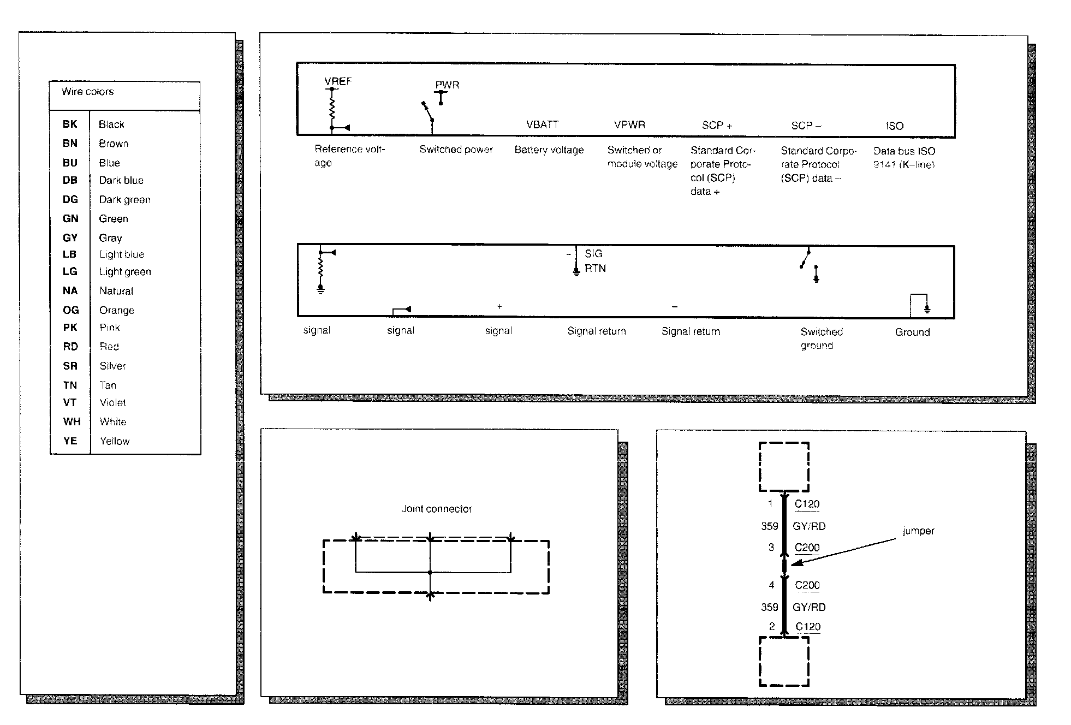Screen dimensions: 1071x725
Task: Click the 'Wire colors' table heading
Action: [x=87, y=92]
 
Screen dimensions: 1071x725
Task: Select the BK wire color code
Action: [x=70, y=124]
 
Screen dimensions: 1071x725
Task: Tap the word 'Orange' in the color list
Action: [x=116, y=310]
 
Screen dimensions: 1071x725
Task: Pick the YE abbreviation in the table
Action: [x=70, y=441]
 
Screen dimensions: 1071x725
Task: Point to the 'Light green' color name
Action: [x=125, y=272]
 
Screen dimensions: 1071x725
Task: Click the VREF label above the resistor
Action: [x=338, y=81]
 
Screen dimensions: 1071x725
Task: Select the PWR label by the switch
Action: [x=447, y=85]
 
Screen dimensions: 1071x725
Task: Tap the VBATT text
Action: [x=542, y=124]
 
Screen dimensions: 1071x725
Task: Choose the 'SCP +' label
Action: [x=717, y=126]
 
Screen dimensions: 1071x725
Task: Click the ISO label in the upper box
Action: [x=894, y=126]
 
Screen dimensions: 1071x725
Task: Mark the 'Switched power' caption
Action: [x=456, y=150]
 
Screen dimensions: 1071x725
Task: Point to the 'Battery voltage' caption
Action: [x=549, y=150]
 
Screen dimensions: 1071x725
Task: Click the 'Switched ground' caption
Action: [x=821, y=338]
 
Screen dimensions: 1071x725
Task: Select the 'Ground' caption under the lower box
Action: [x=912, y=332]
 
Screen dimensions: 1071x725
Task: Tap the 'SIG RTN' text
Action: [x=594, y=261]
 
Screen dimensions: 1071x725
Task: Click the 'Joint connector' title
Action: [x=436, y=509]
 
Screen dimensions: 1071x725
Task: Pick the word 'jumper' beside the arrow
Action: [x=918, y=531]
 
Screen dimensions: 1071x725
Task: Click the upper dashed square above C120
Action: [x=784, y=467]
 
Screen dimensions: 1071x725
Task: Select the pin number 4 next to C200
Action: [x=771, y=585]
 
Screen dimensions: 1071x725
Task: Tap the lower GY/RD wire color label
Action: [x=809, y=607]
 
